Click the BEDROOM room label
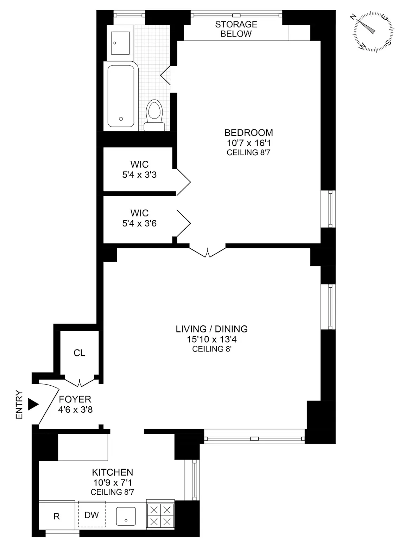point(248,133)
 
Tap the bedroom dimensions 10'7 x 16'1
point(248,143)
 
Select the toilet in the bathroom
point(154,114)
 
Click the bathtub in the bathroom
point(121,96)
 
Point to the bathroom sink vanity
point(120,43)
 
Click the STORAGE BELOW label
point(236,29)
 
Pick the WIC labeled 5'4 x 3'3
point(139,170)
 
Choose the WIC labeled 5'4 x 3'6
point(139,218)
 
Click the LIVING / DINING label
point(211,329)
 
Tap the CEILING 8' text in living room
point(211,349)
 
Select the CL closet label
point(80,353)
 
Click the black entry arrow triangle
point(33,404)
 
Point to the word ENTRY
point(19,405)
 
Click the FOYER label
point(75,399)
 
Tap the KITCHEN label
point(112,472)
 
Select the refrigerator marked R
point(56,516)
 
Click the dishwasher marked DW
point(92,514)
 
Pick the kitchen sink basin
point(126,516)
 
